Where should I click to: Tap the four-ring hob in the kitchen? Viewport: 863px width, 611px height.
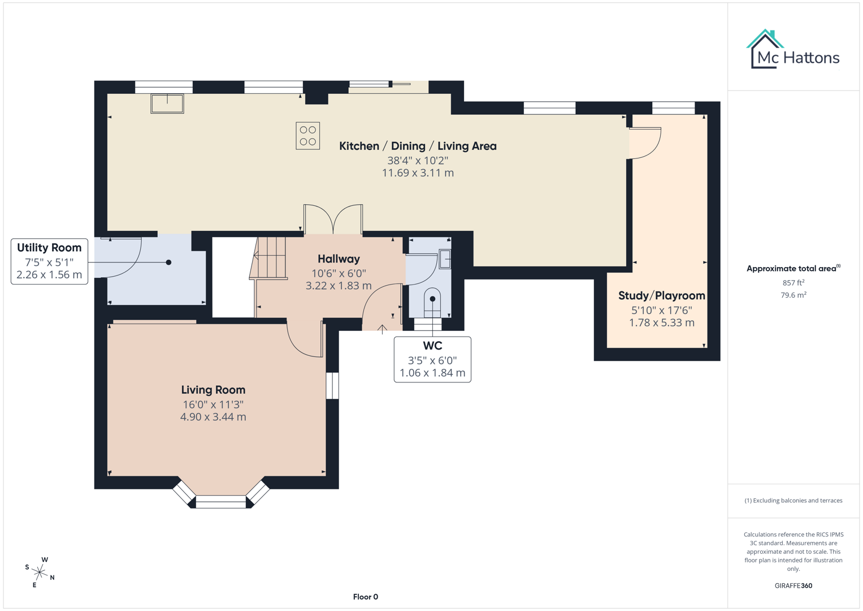[x=307, y=136]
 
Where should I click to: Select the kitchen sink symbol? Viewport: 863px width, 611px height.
[x=167, y=104]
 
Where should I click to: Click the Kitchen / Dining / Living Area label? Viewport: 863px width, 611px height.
[x=418, y=146]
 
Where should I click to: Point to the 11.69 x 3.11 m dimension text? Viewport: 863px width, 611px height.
[x=418, y=173]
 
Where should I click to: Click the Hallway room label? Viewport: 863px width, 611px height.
[x=339, y=259]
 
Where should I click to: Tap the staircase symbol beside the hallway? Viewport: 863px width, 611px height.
[x=270, y=258]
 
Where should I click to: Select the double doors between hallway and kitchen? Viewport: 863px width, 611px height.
[x=333, y=219]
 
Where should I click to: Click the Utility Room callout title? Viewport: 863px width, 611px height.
[x=49, y=248]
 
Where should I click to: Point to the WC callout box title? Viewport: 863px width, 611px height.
[x=432, y=346]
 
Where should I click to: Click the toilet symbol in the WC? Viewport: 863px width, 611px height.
[x=432, y=303]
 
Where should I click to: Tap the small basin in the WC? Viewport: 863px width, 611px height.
[x=445, y=259]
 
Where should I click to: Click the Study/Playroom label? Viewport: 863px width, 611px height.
[x=661, y=296]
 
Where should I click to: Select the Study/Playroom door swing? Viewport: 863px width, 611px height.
[x=646, y=144]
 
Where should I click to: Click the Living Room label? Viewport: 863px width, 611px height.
[x=213, y=390]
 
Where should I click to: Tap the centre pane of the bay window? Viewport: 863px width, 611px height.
[x=221, y=501]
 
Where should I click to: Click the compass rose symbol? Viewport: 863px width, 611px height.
[x=40, y=573]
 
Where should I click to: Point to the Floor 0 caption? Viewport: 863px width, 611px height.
[x=365, y=597]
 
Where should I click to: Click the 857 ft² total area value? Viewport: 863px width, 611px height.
[x=793, y=282]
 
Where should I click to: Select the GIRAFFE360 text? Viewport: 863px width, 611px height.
[x=793, y=586]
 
